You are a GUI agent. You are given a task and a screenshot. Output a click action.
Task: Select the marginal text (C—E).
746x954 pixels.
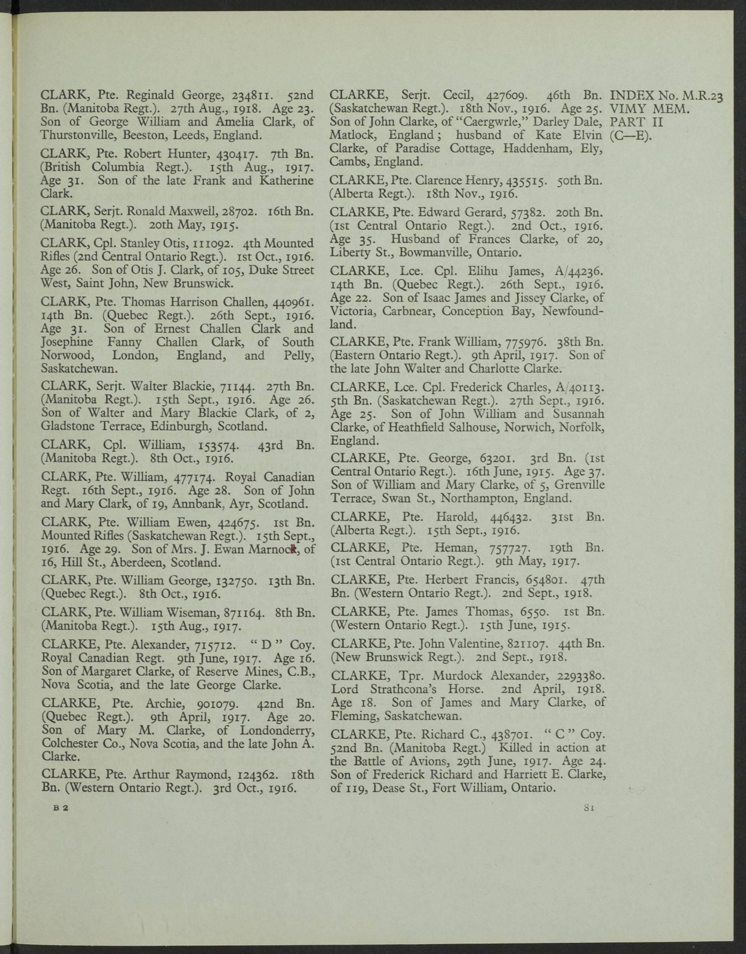[630, 136]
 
